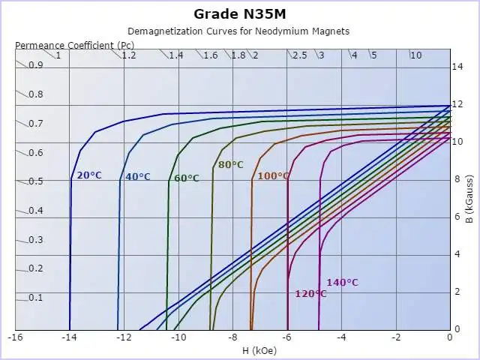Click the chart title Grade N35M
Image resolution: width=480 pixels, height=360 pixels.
[239, 13]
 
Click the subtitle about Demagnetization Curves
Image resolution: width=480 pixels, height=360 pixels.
[238, 31]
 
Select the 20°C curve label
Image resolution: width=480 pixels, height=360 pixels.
[89, 175]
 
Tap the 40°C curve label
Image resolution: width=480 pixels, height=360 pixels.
[137, 177]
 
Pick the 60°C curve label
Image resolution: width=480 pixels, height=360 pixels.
[187, 178]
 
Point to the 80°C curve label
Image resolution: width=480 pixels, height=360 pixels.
[231, 165]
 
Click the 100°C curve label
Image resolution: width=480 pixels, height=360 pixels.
[273, 176]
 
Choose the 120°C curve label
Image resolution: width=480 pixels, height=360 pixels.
[310, 294]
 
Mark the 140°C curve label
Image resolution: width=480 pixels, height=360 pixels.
[342, 283]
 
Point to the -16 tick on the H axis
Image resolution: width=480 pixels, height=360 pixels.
[15, 337]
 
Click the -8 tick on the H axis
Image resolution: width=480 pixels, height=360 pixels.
[232, 337]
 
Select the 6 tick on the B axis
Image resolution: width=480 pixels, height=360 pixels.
[457, 217]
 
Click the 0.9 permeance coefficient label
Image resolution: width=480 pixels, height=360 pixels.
[36, 65]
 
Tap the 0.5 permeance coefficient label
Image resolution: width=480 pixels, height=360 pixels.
[36, 181]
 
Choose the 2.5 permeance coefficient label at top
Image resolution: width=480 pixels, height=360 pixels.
[299, 55]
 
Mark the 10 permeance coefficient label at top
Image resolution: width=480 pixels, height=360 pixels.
[415, 55]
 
